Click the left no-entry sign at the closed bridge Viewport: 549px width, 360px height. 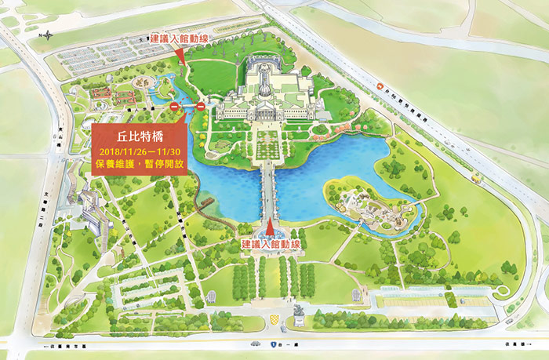pyautogui.click(x=174, y=107)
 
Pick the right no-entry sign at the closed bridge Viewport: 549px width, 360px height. pyautogui.click(x=200, y=107)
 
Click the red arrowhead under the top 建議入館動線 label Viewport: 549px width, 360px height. pyautogui.click(x=180, y=55)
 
